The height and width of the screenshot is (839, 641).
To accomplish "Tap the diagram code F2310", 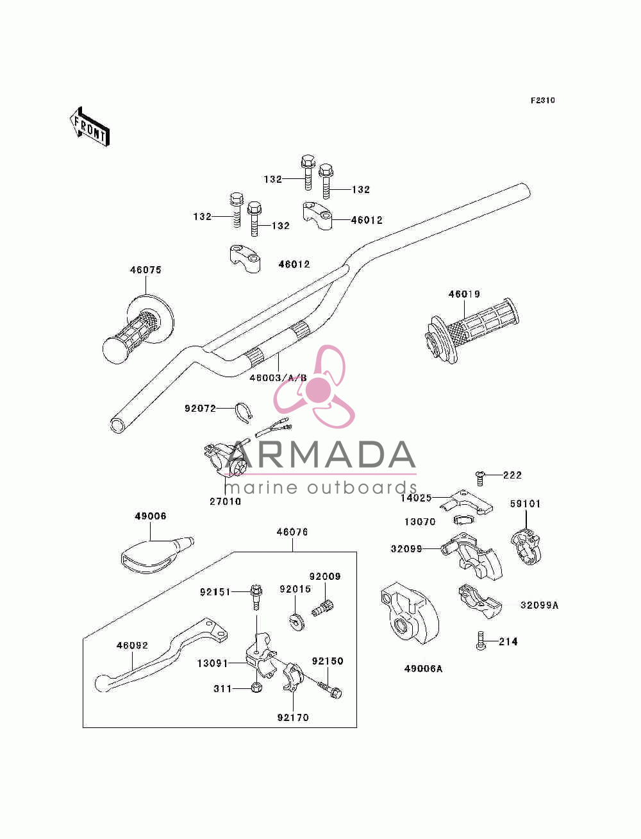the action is click(542, 101).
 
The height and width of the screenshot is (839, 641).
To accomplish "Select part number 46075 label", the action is click(146, 270).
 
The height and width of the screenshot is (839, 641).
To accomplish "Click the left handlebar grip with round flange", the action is click(138, 330).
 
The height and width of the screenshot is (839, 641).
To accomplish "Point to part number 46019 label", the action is click(464, 294).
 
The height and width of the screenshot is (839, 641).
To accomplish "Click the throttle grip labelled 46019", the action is click(472, 330).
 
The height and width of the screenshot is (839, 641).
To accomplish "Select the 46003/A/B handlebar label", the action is click(278, 378).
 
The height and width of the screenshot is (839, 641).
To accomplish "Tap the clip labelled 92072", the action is click(244, 413).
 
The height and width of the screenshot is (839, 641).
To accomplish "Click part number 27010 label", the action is click(226, 502).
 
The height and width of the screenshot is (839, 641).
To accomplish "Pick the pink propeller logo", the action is click(314, 387).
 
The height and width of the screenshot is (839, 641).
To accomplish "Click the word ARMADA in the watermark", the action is click(320, 454).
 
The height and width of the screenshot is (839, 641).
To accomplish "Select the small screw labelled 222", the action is click(480, 478).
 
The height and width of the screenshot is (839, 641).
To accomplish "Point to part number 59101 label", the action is click(525, 504).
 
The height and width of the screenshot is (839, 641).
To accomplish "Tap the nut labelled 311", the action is click(256, 688).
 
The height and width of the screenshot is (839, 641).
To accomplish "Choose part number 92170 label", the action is click(293, 718).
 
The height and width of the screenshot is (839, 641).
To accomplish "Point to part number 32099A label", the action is click(539, 605).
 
